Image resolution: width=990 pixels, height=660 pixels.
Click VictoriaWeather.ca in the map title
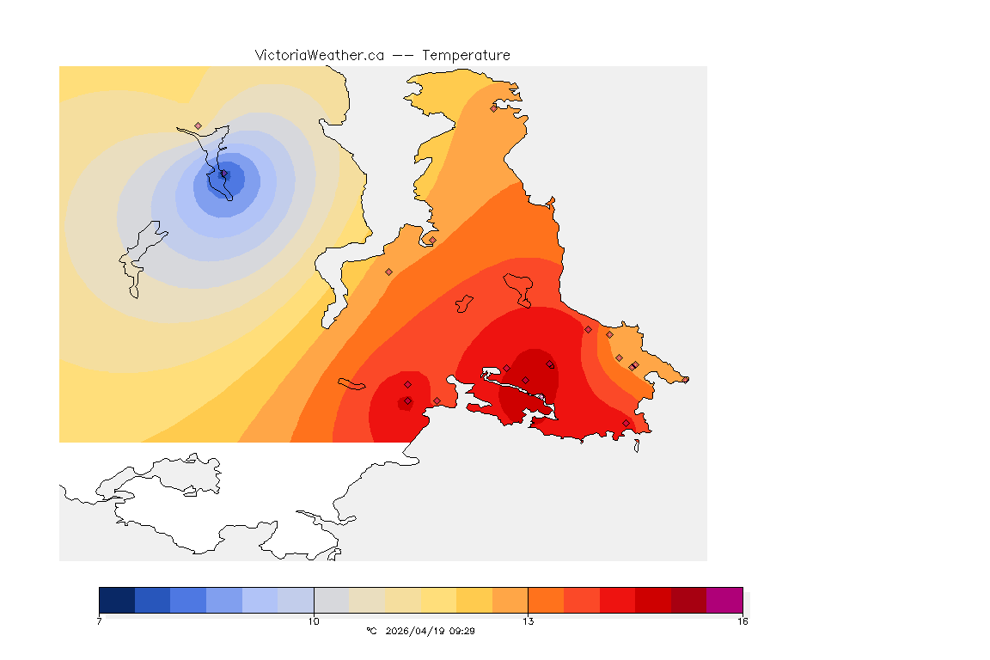pyautogui.click(x=319, y=55)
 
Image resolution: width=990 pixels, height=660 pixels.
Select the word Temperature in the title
pyautogui.click(x=466, y=55)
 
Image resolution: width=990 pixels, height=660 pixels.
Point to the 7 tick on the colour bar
pyautogui.click(x=100, y=620)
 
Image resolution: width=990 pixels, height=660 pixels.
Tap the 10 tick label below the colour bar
pyautogui.click(x=314, y=620)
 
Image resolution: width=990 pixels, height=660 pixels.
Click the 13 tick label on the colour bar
pyautogui.click(x=528, y=620)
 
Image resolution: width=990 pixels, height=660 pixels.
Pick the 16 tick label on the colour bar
pyautogui.click(x=742, y=620)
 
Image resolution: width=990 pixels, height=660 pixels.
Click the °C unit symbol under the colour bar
pyautogui.click(x=371, y=631)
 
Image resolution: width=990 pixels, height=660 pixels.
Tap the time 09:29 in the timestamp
pyautogui.click(x=462, y=631)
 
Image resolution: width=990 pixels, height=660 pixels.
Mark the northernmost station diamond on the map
pyautogui.click(x=493, y=108)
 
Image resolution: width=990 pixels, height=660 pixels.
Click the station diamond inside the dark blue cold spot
pyautogui.click(x=224, y=174)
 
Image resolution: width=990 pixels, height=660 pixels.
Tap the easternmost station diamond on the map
pyautogui.click(x=685, y=379)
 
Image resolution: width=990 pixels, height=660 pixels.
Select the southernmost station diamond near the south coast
pyautogui.click(x=626, y=423)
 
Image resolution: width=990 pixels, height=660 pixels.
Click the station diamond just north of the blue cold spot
pyautogui.click(x=198, y=125)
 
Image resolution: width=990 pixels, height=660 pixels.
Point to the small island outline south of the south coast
pyautogui.click(x=637, y=446)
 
